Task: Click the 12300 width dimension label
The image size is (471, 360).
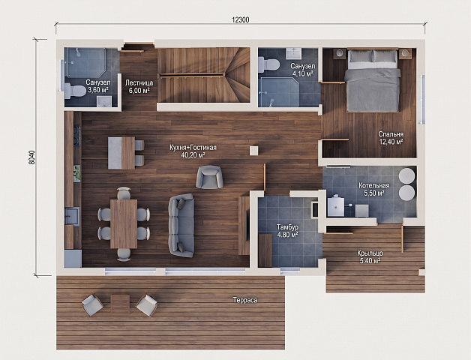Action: point(241,19)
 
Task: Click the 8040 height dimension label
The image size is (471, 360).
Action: point(32,157)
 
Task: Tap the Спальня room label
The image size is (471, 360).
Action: point(391,134)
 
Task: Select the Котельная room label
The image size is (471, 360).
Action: point(374,186)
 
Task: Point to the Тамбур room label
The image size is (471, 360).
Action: point(288,227)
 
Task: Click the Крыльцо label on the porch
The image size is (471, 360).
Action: point(370,253)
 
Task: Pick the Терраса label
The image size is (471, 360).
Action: point(245,300)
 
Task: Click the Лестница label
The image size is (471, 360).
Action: point(139,83)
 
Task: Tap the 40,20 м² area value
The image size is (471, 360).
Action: point(193,155)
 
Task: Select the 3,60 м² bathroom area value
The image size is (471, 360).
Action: point(98,90)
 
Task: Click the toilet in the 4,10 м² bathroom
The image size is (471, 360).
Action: point(268,64)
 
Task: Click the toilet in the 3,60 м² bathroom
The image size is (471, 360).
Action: point(75,91)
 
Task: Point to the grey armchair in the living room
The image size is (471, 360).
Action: point(209,177)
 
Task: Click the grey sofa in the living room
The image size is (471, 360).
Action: point(181,226)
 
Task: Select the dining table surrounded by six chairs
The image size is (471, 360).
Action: point(124,223)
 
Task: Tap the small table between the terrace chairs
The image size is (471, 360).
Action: point(120,304)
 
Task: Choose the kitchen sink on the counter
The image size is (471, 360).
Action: point(72,216)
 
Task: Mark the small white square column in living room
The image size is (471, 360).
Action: point(253,151)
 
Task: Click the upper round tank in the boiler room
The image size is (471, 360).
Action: point(407,175)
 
